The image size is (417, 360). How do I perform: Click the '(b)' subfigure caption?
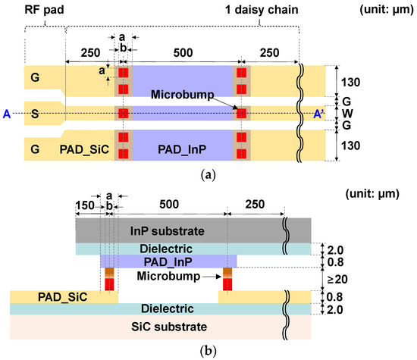[208, 351]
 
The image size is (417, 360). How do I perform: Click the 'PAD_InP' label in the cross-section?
[167, 261]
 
